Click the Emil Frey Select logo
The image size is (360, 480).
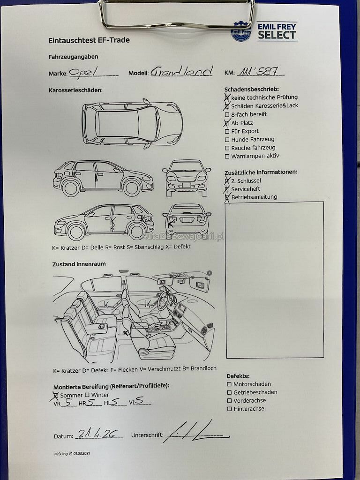(264, 32)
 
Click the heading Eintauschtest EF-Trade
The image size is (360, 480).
(89, 40)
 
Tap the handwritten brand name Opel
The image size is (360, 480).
(82, 72)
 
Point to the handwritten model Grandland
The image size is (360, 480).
(182, 72)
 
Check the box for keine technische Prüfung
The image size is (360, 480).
(227, 97)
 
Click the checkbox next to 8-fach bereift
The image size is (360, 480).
(227, 114)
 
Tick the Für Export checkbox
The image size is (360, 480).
(227, 131)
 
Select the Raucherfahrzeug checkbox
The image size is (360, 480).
(227, 148)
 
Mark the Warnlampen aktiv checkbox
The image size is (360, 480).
(227, 157)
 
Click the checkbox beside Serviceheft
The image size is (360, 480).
(227, 189)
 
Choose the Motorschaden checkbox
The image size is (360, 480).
(229, 384)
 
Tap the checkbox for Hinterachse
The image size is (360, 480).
(229, 409)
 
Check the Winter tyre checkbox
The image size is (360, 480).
(87, 395)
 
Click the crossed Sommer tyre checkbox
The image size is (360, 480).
(56, 395)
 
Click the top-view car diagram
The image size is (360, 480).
(132, 124)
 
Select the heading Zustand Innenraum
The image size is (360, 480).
(79, 264)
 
